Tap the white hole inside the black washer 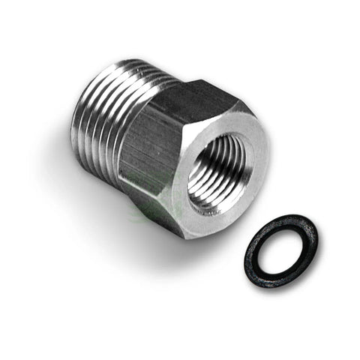coord(281,252)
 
